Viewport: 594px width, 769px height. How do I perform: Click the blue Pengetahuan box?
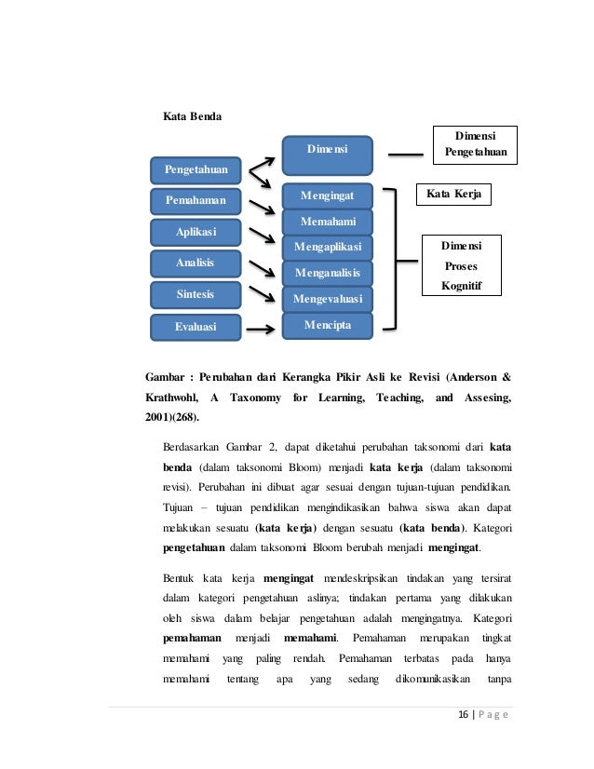(196, 170)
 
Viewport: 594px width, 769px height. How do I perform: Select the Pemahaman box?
(196, 200)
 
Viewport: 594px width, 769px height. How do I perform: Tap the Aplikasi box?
(196, 231)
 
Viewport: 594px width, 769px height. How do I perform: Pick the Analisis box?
(196, 263)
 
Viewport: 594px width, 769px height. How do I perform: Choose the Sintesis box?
(196, 295)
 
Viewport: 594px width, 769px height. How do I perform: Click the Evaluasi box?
(196, 327)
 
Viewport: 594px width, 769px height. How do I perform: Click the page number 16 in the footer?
(453, 715)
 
